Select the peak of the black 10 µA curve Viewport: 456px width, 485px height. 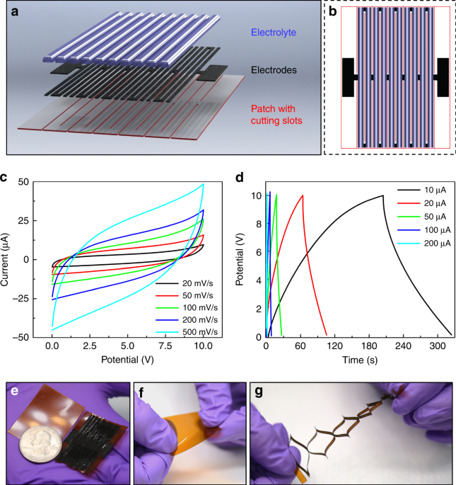coord(383,195)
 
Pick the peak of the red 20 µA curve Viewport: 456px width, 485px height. coord(303,195)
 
